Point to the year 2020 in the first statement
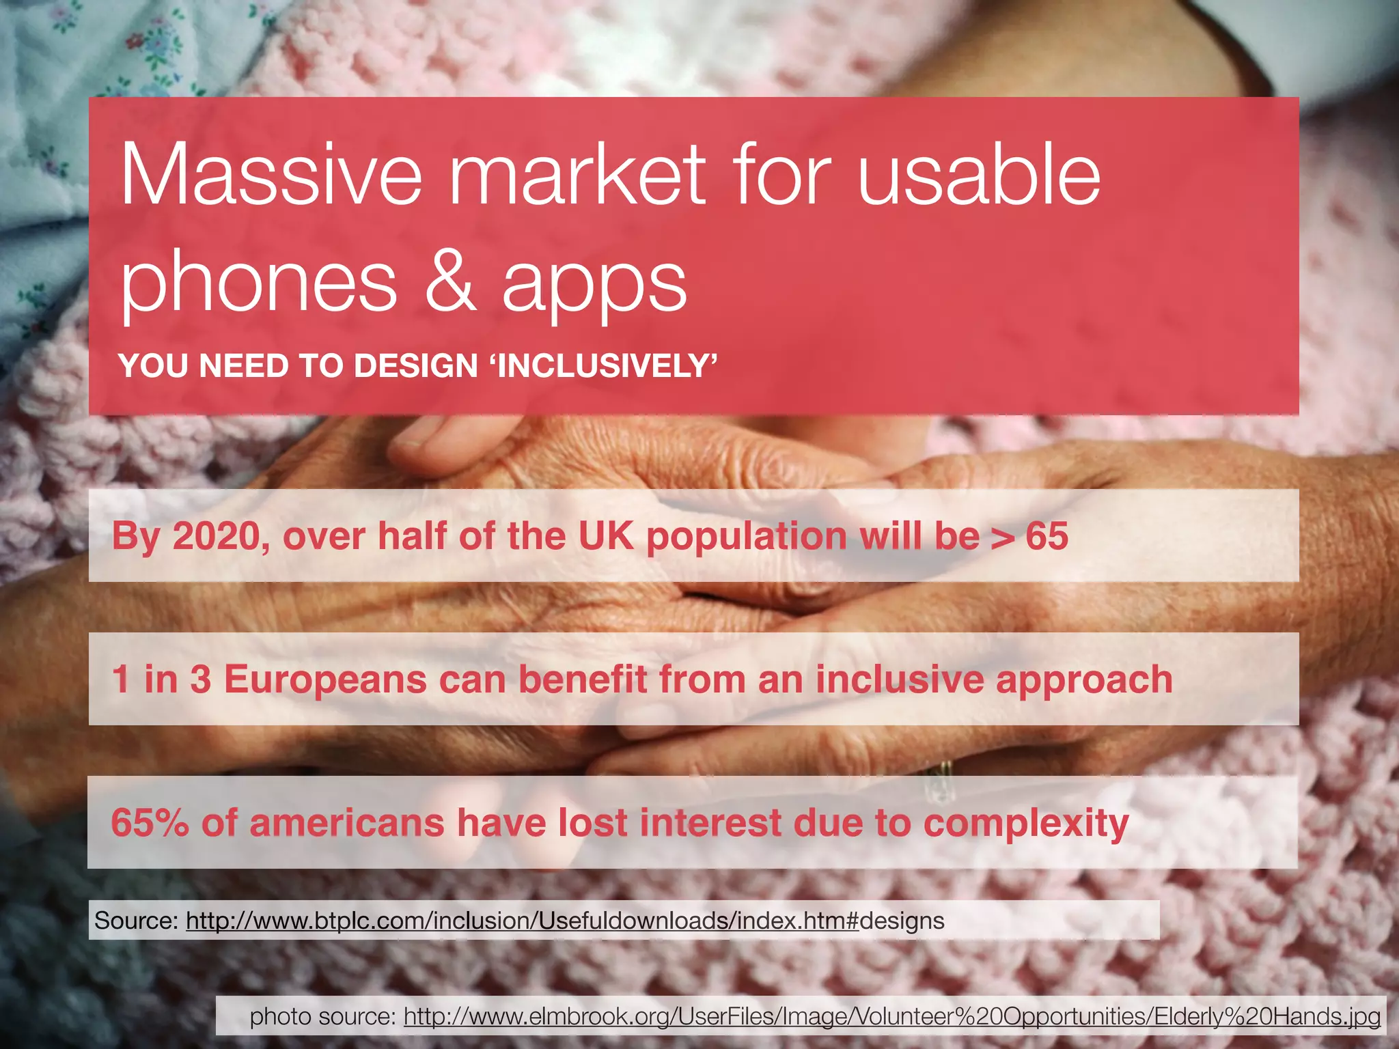pyautogui.click(x=215, y=536)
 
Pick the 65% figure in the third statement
pyautogui.click(x=150, y=823)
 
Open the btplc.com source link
pyautogui.click(x=521, y=921)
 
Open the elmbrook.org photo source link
pyautogui.click(x=891, y=1017)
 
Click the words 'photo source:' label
pyautogui.click(x=322, y=1017)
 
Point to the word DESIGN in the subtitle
pyautogui.click(x=415, y=366)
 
